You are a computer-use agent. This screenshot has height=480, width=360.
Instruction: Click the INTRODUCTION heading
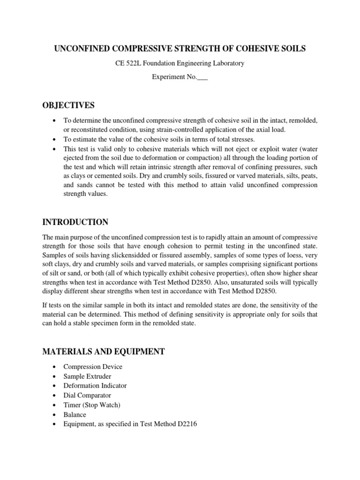[82, 222]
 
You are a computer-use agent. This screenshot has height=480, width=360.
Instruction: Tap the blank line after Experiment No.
[202, 77]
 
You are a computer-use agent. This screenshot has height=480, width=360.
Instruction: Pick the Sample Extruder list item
[87, 376]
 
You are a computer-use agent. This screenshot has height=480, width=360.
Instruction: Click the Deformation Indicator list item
[95, 386]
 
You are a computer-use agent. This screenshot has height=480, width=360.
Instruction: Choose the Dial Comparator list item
[87, 396]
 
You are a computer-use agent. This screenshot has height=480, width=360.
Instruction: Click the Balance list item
[75, 415]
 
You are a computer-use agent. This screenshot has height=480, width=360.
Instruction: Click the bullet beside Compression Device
[56, 367]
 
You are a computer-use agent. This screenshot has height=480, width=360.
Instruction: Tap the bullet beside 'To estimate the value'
[56, 139]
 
